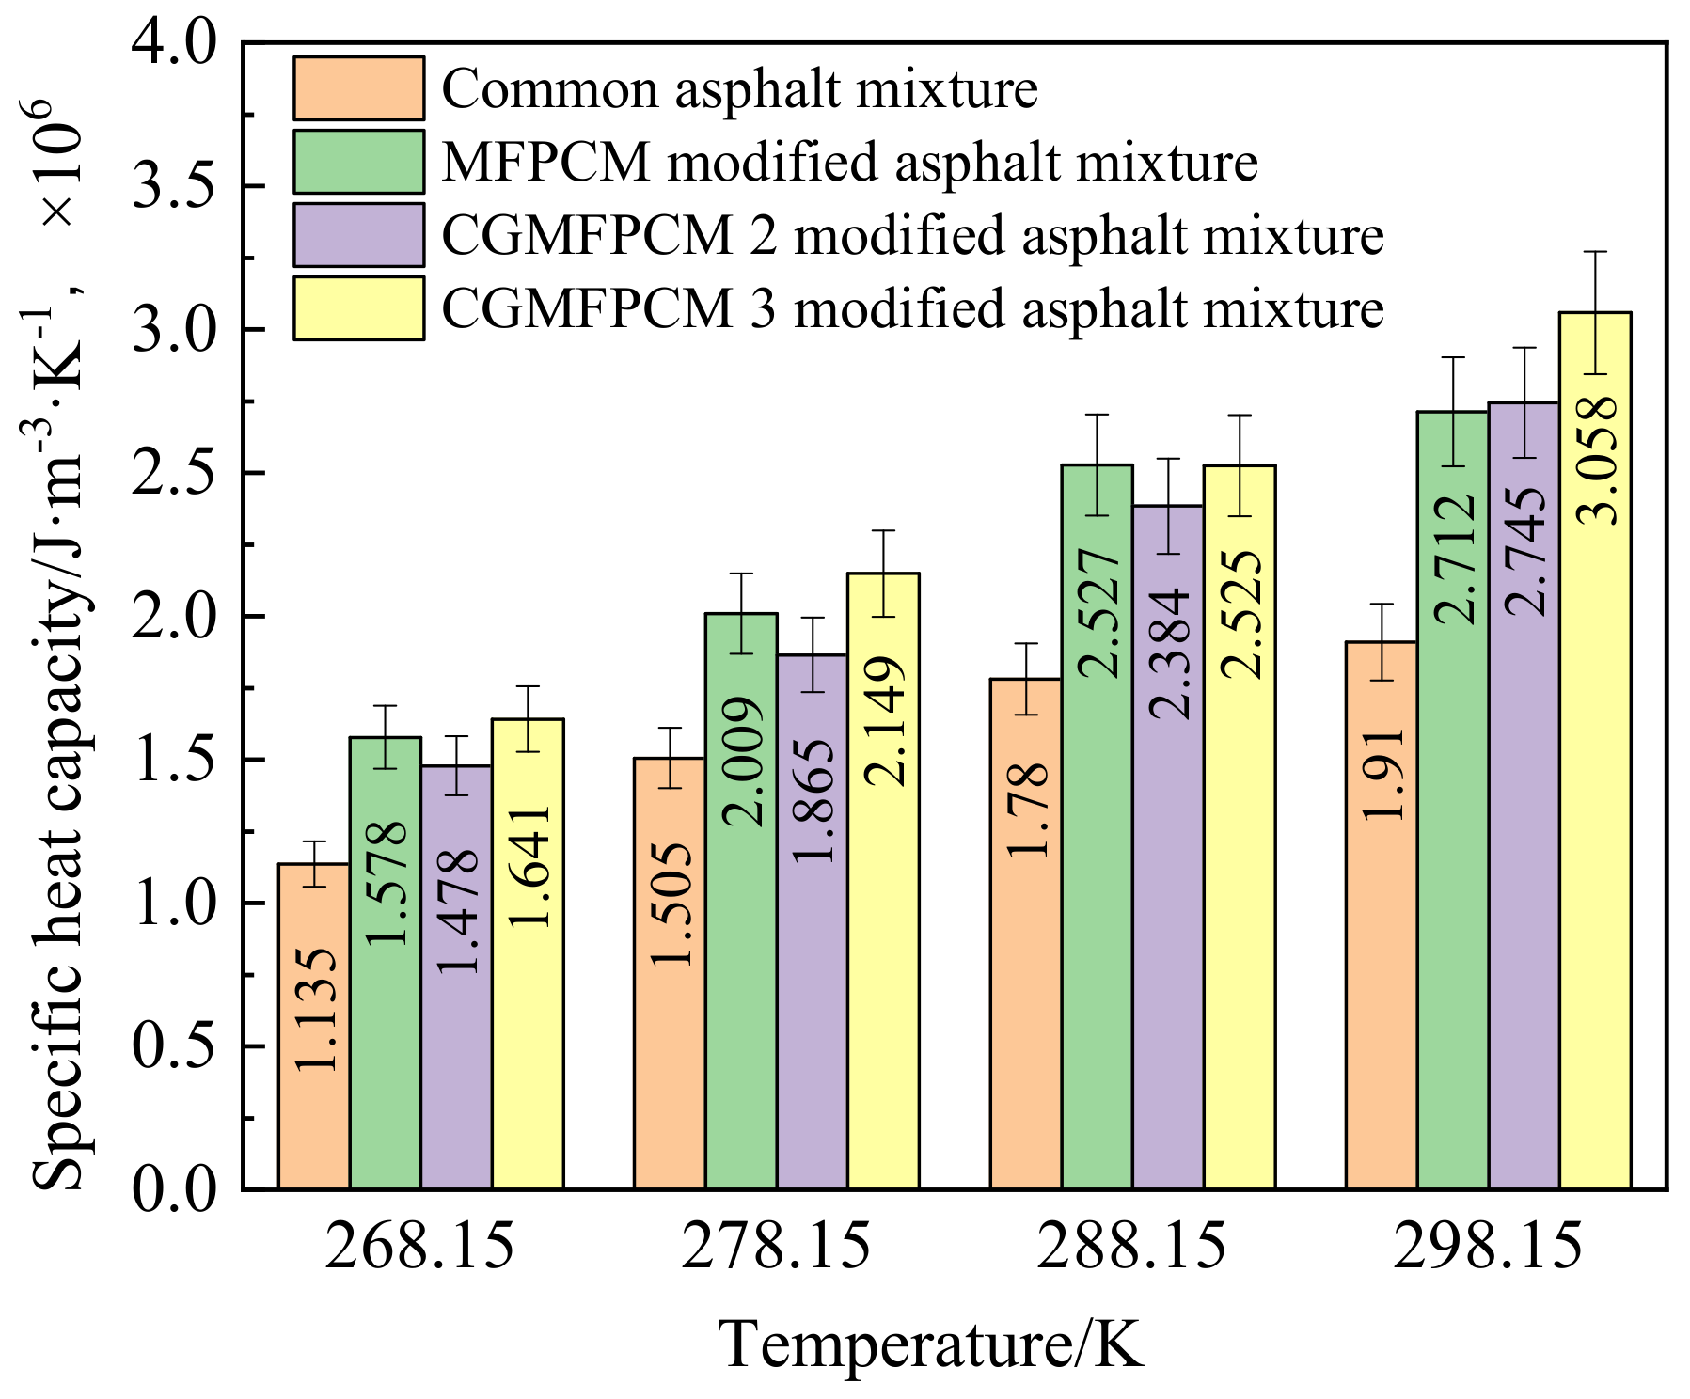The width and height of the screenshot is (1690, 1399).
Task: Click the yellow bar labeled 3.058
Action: pyautogui.click(x=1595, y=752)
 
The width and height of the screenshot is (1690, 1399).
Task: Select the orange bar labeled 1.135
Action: pyautogui.click(x=314, y=1025)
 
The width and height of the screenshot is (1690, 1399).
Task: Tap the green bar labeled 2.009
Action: pyautogui.click(x=741, y=903)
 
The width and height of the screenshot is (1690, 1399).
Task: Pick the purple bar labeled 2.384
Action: pyautogui.click(x=1168, y=846)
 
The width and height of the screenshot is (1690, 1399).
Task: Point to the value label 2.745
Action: pyautogui.click(x=1524, y=551)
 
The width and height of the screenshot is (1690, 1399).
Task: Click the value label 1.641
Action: pyautogui.click(x=529, y=866)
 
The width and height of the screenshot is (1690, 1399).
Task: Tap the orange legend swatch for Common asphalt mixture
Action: pyautogui.click(x=358, y=88)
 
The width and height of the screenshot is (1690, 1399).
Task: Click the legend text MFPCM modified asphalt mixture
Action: pyautogui.click(x=849, y=162)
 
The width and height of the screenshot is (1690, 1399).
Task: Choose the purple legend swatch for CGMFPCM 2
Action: pyautogui.click(x=358, y=235)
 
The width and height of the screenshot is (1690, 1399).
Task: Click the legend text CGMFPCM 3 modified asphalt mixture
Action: pyautogui.click(x=912, y=308)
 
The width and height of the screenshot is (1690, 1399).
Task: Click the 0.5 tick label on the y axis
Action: pyautogui.click(x=175, y=1046)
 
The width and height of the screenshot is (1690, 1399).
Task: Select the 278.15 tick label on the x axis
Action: pyautogui.click(x=776, y=1247)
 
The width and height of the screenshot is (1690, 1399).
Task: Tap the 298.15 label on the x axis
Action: pyautogui.click(x=1488, y=1247)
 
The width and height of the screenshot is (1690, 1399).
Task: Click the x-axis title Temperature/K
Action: pyautogui.click(x=931, y=1344)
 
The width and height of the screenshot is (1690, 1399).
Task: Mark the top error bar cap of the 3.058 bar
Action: pyautogui.click(x=1595, y=252)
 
